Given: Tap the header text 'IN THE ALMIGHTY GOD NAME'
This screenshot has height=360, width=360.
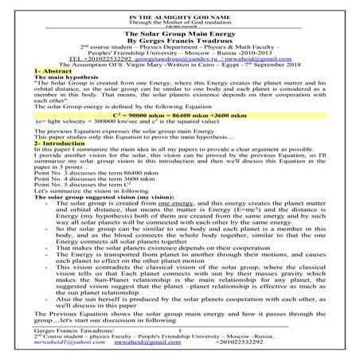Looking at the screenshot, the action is click(x=179, y=6).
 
